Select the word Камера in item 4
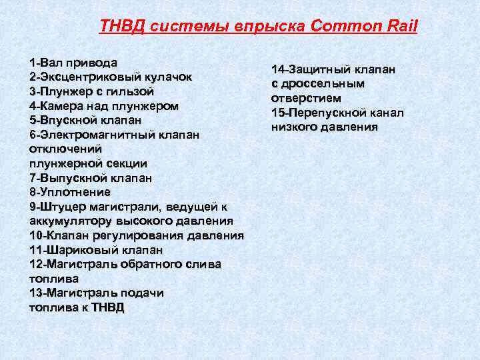coord(64,105)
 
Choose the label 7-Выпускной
coord(66,178)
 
